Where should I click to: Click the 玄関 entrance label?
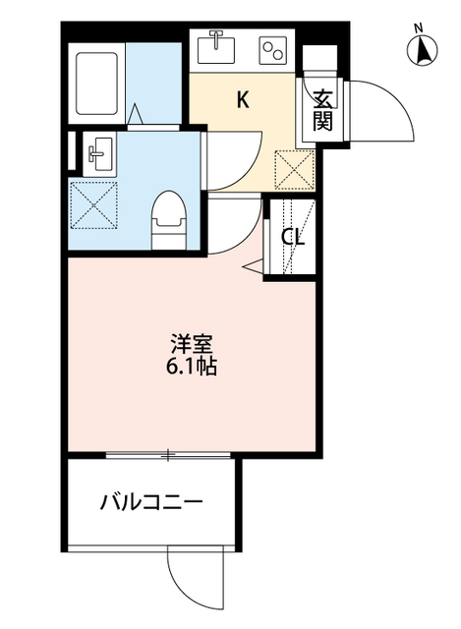[322, 109]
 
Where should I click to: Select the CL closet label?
[293, 237]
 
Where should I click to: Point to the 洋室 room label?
[193, 345]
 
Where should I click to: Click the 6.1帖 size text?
[193, 370]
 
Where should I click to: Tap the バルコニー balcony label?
[151, 504]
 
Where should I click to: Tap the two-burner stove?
[271, 46]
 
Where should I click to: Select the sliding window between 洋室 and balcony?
[168, 455]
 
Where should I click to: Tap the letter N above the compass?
[418, 27]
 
